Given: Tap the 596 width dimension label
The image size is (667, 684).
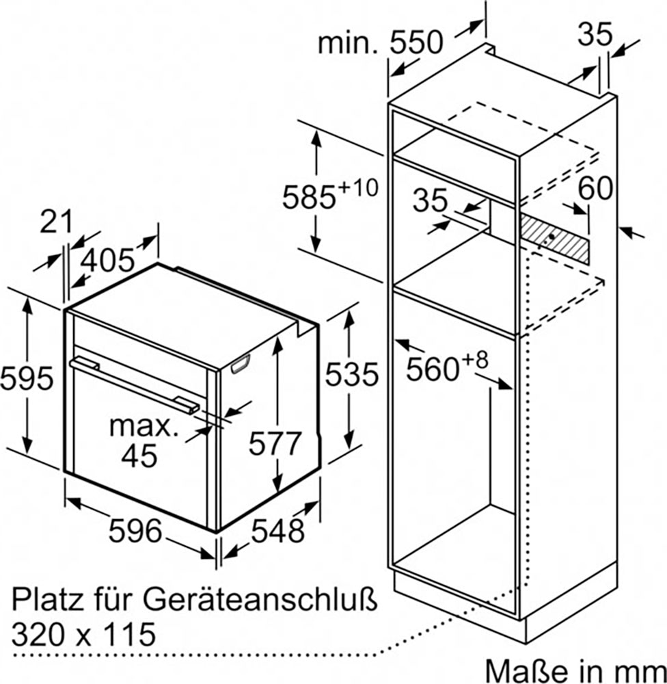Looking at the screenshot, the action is pos(135,531).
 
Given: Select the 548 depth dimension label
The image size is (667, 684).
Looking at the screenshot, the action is pos(277,531).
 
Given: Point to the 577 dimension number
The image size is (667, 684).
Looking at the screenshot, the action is pos(275,444).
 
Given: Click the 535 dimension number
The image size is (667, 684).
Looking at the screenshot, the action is pos(352,375).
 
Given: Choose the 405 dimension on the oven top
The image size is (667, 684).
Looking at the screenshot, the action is pos(108,261).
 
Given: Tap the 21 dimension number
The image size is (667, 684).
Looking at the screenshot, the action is pos(56,222).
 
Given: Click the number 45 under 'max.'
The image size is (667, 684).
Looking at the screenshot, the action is pos(139,456).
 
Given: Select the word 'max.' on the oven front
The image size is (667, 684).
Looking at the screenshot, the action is pos(144,426).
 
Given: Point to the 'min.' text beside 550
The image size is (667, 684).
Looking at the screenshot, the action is pos(349,44).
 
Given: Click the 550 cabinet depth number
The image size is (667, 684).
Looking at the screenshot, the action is pos(416,42).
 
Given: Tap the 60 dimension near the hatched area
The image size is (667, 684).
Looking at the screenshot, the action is pos(595,189).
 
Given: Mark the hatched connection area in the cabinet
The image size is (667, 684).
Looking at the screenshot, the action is pos(554,238).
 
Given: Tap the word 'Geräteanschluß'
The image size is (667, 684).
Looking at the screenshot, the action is pos(260,601).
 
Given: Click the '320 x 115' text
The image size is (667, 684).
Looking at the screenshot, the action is pos(83,634).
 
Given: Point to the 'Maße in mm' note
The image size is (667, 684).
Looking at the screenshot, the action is pos(575,671).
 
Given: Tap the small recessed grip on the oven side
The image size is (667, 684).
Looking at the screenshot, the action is pos(240,365).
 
